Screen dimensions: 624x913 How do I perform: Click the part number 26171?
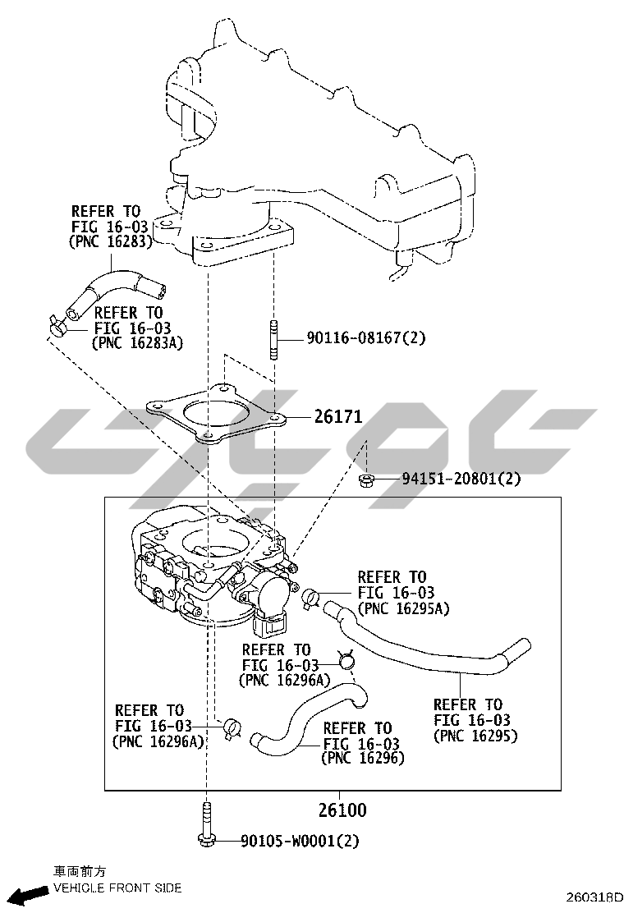338,416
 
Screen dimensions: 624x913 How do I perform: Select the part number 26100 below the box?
342,810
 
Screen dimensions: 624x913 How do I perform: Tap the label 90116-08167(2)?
366,337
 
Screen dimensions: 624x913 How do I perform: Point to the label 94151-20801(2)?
461,479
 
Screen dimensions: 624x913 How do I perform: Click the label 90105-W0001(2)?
300,841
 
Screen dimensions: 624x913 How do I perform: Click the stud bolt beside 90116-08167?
273,338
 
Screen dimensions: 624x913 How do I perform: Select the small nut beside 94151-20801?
366,480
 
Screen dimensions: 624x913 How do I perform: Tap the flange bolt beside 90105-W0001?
208,824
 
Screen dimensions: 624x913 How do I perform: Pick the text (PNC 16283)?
110,241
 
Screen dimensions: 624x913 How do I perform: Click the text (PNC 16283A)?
137,343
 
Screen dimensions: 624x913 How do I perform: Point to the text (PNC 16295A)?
403,608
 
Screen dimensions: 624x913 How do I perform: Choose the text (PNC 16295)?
475,736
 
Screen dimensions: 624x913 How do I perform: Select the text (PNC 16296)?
363,758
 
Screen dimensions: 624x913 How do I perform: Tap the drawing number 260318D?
592,897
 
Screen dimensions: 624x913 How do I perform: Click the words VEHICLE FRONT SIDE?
117,888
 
